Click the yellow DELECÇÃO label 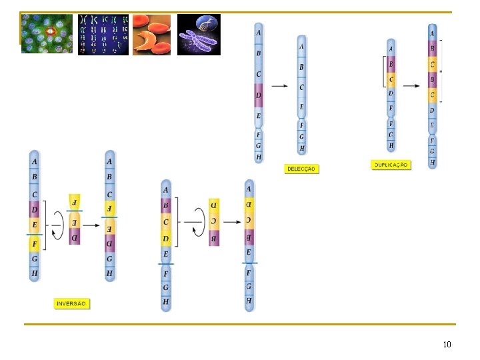301,169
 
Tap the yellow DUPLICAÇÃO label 391,165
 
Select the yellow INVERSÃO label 71,303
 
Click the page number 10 447,345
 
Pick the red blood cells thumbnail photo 151,35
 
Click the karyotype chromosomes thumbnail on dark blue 103,35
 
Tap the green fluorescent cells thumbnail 47,34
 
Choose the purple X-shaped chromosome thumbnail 199,35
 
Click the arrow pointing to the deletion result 280,86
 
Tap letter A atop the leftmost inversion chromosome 35,161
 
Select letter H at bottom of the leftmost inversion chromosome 35,273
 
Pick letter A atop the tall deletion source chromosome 259,33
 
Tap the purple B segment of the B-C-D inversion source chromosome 166,206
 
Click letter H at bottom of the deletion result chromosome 302,149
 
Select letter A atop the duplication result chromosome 433,33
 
